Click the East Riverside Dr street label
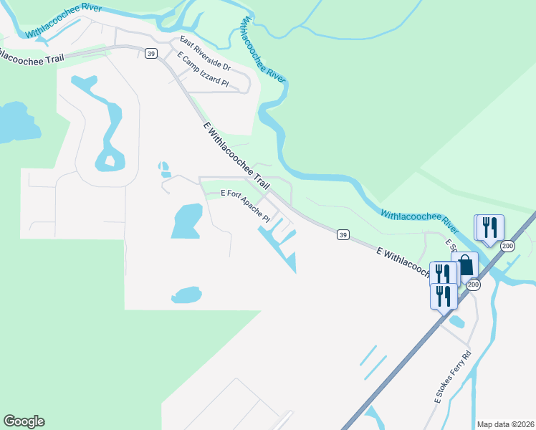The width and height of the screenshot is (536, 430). (x=205, y=54)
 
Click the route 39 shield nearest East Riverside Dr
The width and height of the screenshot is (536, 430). (x=150, y=54)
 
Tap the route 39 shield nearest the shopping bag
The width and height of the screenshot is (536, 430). (x=343, y=234)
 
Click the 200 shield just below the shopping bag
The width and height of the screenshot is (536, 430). (x=474, y=285)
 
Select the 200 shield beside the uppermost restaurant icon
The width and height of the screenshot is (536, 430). (x=507, y=247)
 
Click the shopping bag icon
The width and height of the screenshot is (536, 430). (x=465, y=265)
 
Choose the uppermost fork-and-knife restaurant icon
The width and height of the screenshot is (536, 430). (x=489, y=227)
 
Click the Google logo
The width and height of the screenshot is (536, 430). (x=24, y=421)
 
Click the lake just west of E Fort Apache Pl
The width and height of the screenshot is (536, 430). (x=186, y=221)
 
